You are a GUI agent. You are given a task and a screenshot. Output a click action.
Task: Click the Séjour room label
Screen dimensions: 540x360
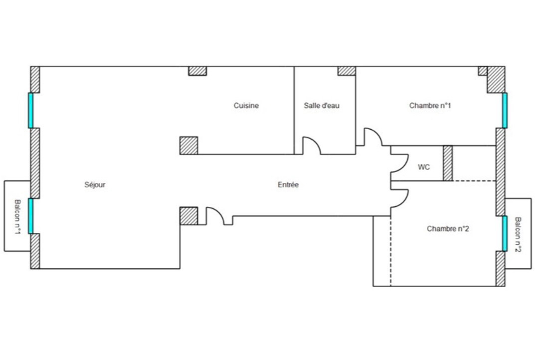click(95, 184)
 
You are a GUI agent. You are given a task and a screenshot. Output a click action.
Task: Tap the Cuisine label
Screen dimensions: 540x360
click(246, 105)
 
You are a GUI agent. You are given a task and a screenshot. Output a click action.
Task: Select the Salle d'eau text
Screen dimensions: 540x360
click(322, 105)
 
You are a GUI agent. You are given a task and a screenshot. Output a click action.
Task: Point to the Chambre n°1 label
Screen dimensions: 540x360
click(430, 105)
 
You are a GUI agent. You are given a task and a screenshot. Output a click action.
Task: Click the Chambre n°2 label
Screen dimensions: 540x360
click(448, 229)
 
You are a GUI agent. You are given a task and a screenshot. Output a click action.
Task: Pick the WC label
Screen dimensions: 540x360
click(424, 167)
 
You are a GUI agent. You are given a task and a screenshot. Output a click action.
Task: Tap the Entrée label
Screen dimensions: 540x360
click(288, 184)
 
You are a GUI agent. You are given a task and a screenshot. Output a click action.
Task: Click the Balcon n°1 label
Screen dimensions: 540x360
click(17, 217)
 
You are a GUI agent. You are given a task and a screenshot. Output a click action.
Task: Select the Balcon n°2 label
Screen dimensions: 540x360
click(518, 234)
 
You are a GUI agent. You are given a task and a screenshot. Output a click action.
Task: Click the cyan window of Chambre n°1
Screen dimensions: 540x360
click(505, 111)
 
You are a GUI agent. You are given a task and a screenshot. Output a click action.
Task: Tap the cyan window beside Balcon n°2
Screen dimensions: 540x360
click(505, 233)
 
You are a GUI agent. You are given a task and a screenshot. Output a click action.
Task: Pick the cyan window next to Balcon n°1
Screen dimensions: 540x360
click(30, 216)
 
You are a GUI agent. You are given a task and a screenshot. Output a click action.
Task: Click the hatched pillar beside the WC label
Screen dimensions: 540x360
click(448, 163)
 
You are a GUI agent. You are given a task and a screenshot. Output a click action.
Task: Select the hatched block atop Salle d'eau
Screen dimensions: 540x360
click(347, 71)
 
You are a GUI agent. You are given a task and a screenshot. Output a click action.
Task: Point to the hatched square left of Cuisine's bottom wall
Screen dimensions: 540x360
click(188, 146)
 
